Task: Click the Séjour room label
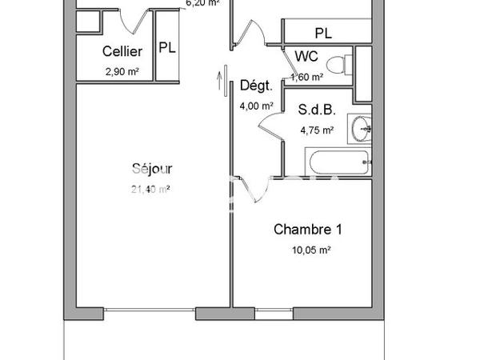tap(152, 169)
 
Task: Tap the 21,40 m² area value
tap(150, 190)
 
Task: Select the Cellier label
tap(122, 52)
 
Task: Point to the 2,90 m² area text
tap(122, 71)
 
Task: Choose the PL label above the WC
tap(322, 34)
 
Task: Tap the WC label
tap(306, 57)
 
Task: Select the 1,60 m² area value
tap(308, 78)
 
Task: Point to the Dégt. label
tap(256, 86)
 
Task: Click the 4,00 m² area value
tap(257, 106)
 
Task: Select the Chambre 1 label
tap(308, 230)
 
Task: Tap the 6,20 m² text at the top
tap(202, 3)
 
